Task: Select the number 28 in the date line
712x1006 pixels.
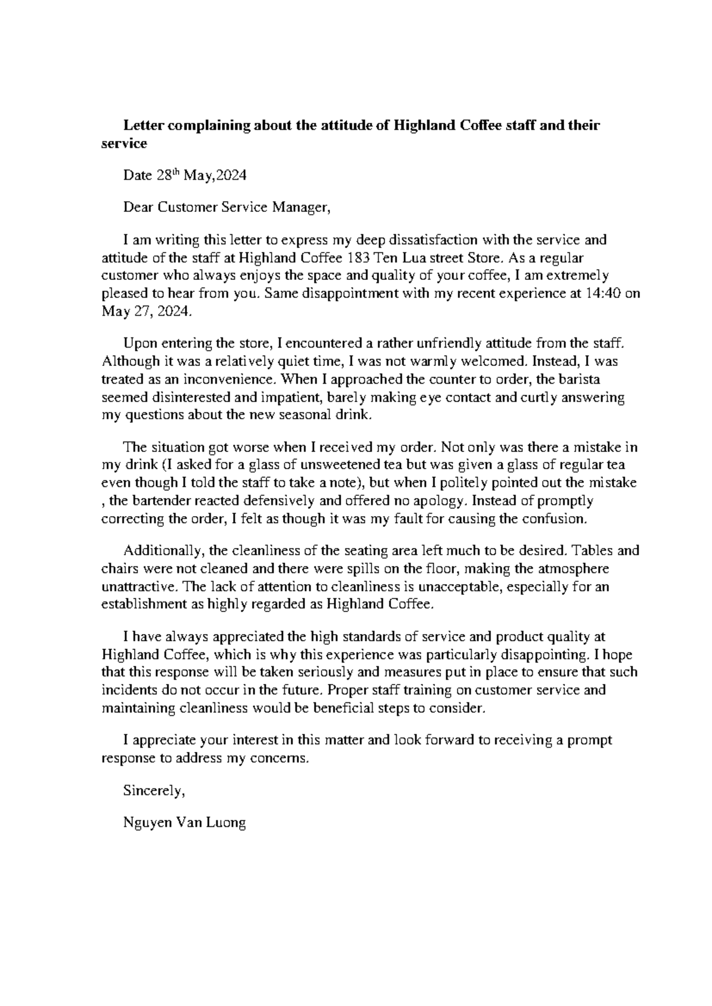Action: (x=163, y=176)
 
